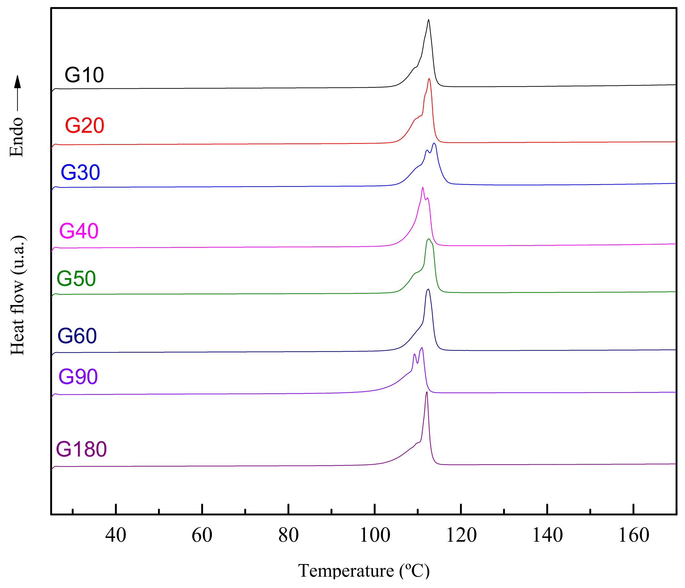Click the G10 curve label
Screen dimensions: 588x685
(84, 75)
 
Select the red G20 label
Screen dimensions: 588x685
(84, 126)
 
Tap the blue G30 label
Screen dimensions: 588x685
(80, 173)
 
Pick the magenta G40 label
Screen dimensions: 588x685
(79, 231)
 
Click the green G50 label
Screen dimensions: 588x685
(76, 278)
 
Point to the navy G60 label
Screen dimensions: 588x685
(77, 336)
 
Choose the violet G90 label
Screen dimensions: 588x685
(78, 377)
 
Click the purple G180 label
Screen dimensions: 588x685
(81, 449)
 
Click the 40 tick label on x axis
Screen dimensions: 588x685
(116, 535)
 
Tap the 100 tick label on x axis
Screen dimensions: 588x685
(375, 535)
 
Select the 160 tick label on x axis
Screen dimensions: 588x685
(634, 535)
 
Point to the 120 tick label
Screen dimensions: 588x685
(461, 535)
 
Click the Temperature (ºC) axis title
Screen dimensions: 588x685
(364, 571)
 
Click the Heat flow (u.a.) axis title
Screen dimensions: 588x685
(17, 295)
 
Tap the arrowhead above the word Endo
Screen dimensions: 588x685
(17, 81)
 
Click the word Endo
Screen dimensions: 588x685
(17, 137)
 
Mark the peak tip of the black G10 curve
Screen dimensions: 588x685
(429, 20)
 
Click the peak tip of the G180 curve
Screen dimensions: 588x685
(427, 392)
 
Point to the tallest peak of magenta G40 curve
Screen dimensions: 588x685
(422, 187)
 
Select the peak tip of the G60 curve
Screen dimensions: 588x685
(429, 289)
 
